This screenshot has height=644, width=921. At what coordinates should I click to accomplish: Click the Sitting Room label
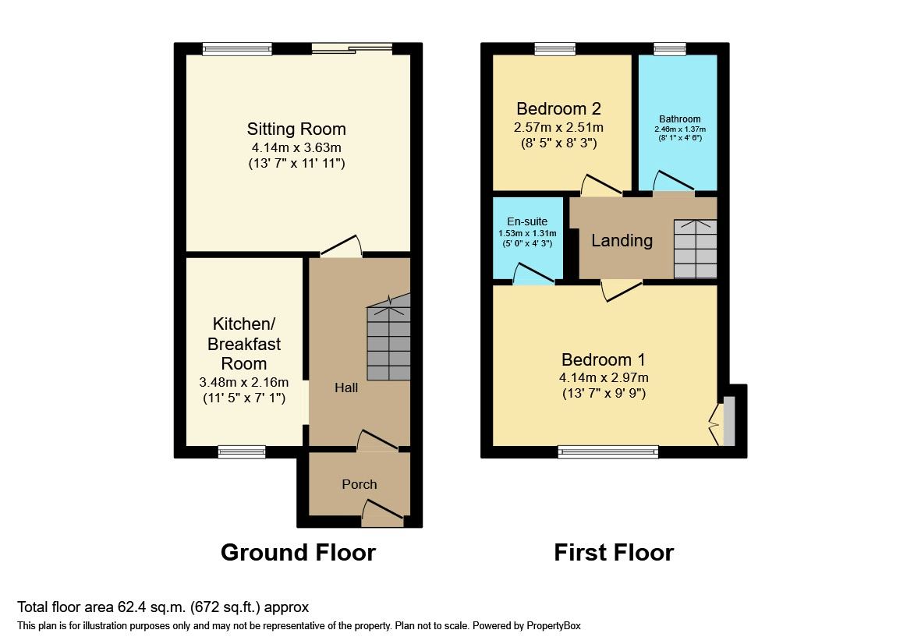[x=296, y=129]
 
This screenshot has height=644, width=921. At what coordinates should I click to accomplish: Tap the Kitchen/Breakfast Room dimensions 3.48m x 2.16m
[x=244, y=382]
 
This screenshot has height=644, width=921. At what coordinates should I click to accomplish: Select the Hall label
[x=346, y=387]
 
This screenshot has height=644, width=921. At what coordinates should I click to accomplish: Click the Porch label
[x=360, y=484]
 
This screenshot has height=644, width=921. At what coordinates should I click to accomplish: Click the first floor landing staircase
[x=695, y=248]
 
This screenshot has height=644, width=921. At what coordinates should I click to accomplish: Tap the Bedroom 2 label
[x=558, y=108]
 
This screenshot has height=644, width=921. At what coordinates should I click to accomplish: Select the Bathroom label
[x=679, y=119]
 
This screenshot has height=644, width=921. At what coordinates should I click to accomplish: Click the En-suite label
[x=527, y=221]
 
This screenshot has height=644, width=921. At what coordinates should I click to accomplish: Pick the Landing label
[x=622, y=240]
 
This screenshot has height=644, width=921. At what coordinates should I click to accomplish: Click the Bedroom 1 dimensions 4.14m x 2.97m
[x=604, y=377]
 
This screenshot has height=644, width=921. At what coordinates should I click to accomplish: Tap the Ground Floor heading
[x=298, y=553]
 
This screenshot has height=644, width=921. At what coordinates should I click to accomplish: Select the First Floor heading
[x=614, y=553]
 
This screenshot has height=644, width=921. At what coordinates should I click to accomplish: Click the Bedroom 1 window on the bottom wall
[x=608, y=451]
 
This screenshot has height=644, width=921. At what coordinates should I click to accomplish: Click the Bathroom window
[x=669, y=49]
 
